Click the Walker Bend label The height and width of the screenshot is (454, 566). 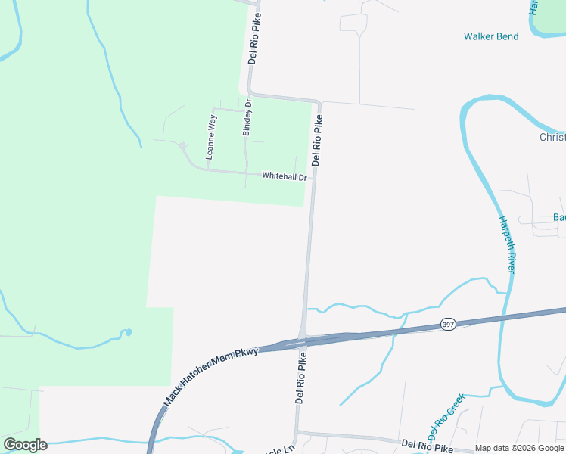pyautogui.click(x=491, y=36)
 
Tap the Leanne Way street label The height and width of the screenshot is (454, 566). pyautogui.click(x=212, y=136)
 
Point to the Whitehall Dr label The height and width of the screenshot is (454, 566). pyautogui.click(x=285, y=176)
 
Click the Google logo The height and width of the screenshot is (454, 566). pyautogui.click(x=25, y=445)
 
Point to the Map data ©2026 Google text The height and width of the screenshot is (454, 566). pyautogui.click(x=519, y=448)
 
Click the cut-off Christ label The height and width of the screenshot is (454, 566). pyautogui.click(x=552, y=137)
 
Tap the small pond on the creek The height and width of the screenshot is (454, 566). pyautogui.click(x=128, y=332)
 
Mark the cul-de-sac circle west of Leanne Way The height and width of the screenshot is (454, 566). pyautogui.click(x=182, y=145)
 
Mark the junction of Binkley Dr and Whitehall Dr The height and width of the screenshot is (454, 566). pyautogui.click(x=246, y=173)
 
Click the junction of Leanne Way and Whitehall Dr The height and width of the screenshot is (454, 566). pyautogui.click(x=207, y=169)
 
